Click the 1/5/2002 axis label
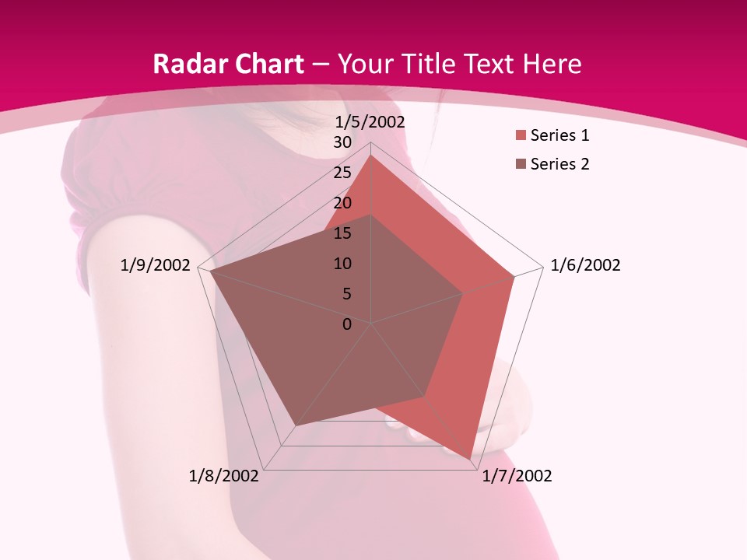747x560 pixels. click(370, 122)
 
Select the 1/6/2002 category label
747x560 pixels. click(585, 265)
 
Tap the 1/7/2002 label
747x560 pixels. click(517, 476)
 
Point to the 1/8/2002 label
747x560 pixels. click(224, 476)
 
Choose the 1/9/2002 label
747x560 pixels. click(155, 265)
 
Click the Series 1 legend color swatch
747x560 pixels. click(520, 136)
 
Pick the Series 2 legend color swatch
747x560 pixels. click(520, 164)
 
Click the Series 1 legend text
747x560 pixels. click(559, 136)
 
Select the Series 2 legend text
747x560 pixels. click(559, 164)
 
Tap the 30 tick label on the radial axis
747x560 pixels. click(342, 143)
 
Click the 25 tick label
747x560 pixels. click(342, 173)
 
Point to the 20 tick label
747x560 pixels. click(342, 204)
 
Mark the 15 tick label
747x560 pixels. click(342, 234)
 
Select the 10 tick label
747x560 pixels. click(342, 264)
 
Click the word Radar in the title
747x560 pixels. click(187, 65)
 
